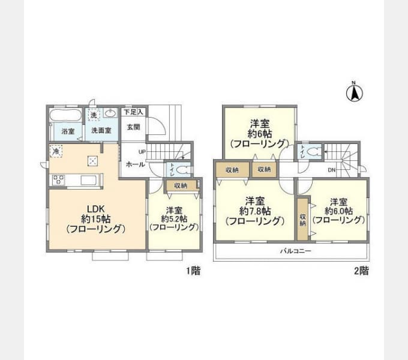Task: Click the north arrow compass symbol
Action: [x=355, y=92]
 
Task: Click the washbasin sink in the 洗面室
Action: [x=111, y=114]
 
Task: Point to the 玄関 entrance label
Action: [x=133, y=127]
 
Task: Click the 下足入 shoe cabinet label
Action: [x=133, y=112]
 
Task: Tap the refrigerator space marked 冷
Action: [x=56, y=152]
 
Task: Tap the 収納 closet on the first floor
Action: [x=181, y=186]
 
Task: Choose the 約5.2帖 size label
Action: [x=174, y=219]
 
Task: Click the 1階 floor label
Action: [x=193, y=271]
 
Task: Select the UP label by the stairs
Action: [x=142, y=152]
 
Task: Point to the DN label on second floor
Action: [x=332, y=170]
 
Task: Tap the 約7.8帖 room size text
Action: [x=255, y=211]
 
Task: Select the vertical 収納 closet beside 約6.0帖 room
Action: [x=303, y=218]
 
